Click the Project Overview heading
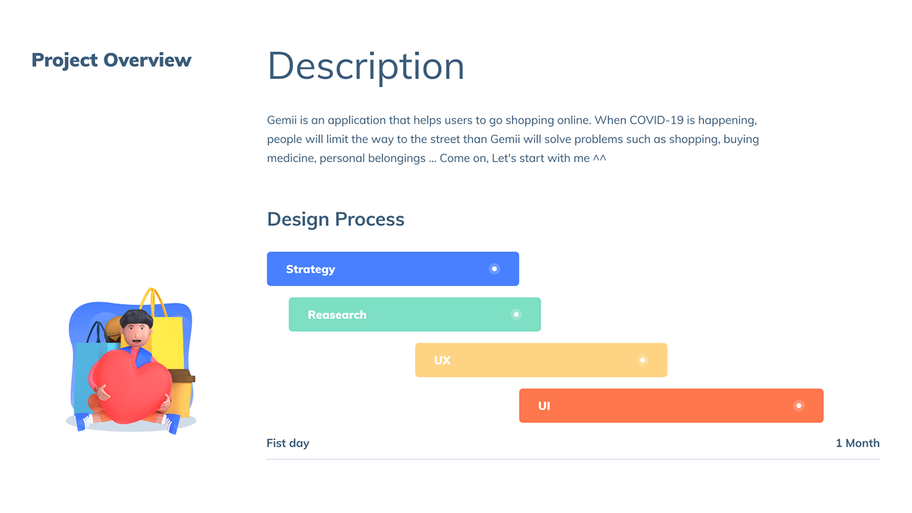click(111, 61)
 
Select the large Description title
click(365, 66)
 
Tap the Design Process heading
click(335, 219)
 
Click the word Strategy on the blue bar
click(310, 270)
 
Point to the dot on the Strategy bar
click(494, 269)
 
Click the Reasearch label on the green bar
click(337, 315)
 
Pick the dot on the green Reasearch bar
click(516, 314)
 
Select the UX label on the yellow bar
click(442, 361)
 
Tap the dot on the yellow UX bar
click(642, 360)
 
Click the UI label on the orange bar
click(544, 406)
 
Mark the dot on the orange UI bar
click(799, 406)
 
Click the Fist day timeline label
click(288, 443)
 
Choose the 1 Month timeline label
click(857, 443)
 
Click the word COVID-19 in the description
click(657, 120)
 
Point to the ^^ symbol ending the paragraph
click(599, 158)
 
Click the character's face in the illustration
click(137, 333)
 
